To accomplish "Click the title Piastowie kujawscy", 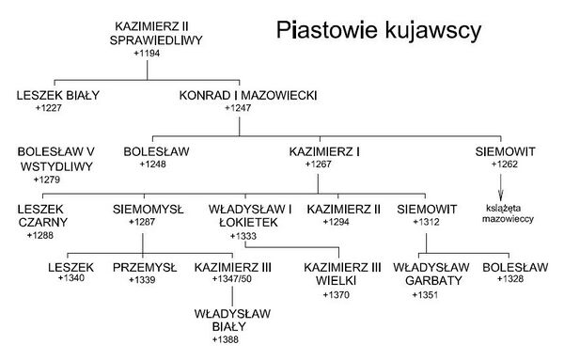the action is pyautogui.click(x=379, y=30).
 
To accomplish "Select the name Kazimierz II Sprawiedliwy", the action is pyautogui.click(x=156, y=34).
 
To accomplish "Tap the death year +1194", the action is pyautogui.click(x=147, y=54).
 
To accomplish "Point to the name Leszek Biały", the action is pyautogui.click(x=58, y=95).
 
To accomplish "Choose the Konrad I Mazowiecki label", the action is pyautogui.click(x=248, y=95).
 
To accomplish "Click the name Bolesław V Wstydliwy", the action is pyautogui.click(x=55, y=159).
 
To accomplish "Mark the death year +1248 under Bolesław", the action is pyautogui.click(x=153, y=164).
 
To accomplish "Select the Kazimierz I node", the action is pyautogui.click(x=324, y=151).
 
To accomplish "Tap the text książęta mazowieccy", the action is pyautogui.click(x=508, y=213).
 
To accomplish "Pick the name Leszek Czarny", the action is pyautogui.click(x=42, y=216).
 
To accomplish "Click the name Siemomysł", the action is pyautogui.click(x=148, y=210).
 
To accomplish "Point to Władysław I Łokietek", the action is pyautogui.click(x=250, y=216).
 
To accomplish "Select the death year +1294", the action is pyautogui.click(x=336, y=222).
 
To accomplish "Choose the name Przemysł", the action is pyautogui.click(x=145, y=268).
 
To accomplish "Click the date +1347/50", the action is pyautogui.click(x=231, y=279).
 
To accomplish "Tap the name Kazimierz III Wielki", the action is pyautogui.click(x=342, y=274).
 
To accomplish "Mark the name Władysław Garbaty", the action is pyautogui.click(x=431, y=274).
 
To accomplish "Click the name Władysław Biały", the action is pyautogui.click(x=232, y=321).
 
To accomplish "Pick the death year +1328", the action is pyautogui.click(x=510, y=279).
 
